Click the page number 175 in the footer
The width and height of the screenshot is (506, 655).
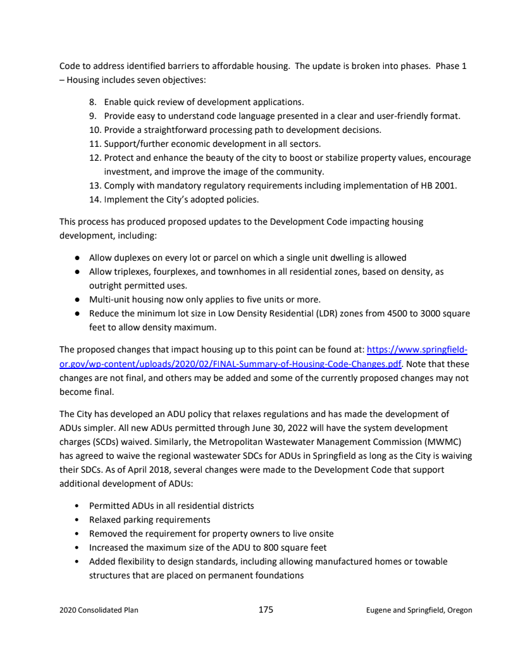tap(266, 609)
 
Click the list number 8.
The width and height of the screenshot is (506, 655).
tap(92, 102)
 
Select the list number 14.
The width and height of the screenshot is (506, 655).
tap(94, 199)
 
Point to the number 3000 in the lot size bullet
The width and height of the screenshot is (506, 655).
tap(433, 313)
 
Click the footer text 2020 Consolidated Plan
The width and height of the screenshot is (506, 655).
tap(99, 610)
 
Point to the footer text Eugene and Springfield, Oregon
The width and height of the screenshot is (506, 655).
tap(419, 610)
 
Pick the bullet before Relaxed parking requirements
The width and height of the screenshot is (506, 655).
tap(77, 520)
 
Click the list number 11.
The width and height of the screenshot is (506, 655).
tap(94, 144)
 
